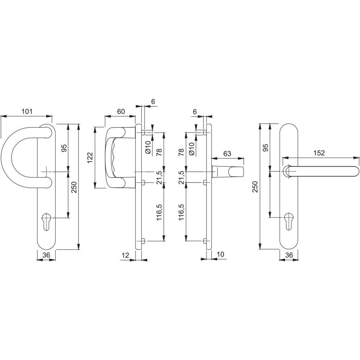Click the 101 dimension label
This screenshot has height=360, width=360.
[x=27, y=112]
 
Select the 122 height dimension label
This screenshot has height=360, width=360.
[x=90, y=158]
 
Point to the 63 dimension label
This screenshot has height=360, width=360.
[x=227, y=153]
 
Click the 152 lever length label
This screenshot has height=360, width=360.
[x=319, y=153]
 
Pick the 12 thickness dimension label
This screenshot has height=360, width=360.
[x=125, y=255]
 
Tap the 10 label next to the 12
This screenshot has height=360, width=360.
[x=220, y=255]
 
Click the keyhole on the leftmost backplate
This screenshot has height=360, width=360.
[x=46, y=221]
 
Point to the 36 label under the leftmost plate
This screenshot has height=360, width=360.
[x=46, y=255]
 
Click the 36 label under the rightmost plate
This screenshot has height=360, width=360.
[x=289, y=255]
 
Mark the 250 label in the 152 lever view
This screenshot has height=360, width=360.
[x=256, y=187]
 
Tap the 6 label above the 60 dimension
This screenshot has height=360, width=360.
[x=153, y=101]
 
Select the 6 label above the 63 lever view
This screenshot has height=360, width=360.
[x=195, y=112]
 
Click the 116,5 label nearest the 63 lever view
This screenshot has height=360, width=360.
[x=182, y=212]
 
